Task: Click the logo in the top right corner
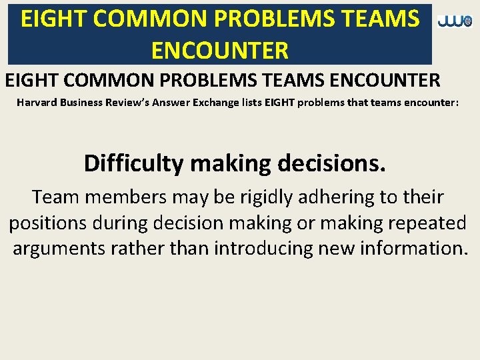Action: (x=455, y=21)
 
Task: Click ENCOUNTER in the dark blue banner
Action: (x=220, y=50)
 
